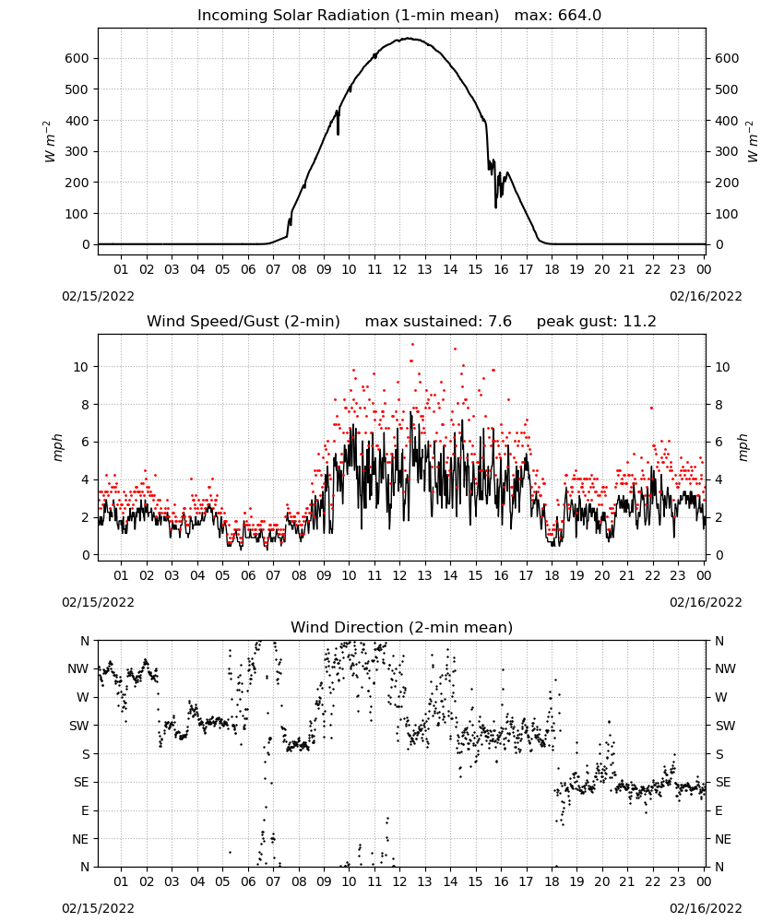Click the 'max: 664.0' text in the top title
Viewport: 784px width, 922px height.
tap(558, 16)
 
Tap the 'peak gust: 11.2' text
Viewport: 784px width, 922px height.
tap(596, 322)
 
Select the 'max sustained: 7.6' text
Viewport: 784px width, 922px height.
tap(438, 322)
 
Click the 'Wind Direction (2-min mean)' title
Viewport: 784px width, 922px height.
tap(402, 627)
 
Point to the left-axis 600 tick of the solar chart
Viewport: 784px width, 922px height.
tap(77, 58)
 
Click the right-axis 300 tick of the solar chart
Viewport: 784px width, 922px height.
tap(727, 151)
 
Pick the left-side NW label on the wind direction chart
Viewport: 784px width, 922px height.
tap(78, 669)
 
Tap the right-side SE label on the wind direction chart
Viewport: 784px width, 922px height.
tap(723, 782)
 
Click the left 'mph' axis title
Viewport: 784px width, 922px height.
tap(57, 447)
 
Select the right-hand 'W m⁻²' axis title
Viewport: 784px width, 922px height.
tap(753, 141)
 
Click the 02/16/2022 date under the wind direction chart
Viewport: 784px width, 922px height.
tap(706, 908)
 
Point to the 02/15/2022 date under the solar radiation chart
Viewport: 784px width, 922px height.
tap(98, 296)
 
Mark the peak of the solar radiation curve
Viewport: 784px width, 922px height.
tap(410, 39)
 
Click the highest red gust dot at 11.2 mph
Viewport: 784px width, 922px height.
tap(412, 344)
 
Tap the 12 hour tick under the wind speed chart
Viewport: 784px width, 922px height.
tap(400, 575)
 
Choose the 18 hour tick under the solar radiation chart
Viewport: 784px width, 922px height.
tap(552, 269)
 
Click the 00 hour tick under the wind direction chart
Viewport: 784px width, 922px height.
tap(704, 881)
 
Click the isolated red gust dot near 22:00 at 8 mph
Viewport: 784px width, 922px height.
tap(651, 408)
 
